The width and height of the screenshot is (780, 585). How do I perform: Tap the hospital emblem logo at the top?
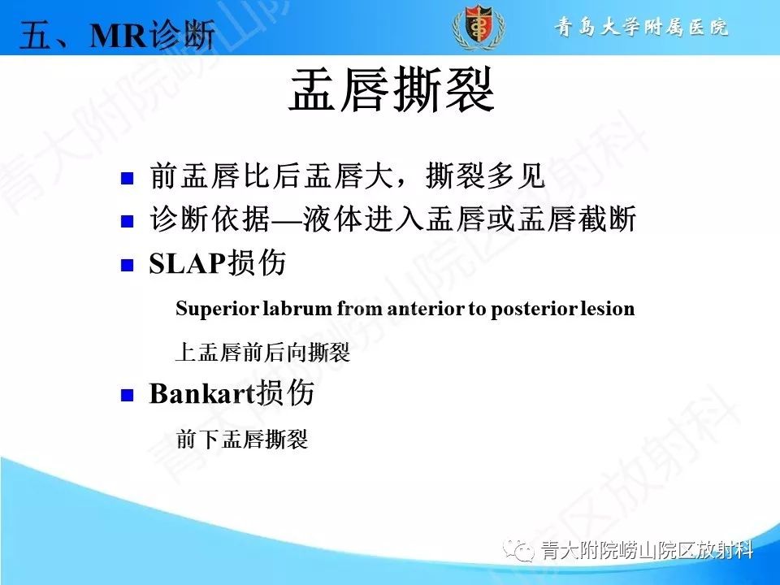(479, 27)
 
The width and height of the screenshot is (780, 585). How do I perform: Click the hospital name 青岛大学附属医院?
(642, 27)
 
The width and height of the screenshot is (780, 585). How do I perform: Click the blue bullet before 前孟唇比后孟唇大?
(126, 177)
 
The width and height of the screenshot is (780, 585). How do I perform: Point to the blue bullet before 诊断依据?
(126, 220)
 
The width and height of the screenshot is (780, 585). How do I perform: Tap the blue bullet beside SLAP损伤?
(126, 265)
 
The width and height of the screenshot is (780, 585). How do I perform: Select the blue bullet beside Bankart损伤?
(126, 395)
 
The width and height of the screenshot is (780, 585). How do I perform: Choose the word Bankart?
(202, 395)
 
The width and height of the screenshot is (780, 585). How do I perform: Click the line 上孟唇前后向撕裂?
(262, 353)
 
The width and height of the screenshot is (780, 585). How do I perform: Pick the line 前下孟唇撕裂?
(241, 440)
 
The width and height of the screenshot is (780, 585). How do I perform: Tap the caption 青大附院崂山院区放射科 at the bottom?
(647, 552)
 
